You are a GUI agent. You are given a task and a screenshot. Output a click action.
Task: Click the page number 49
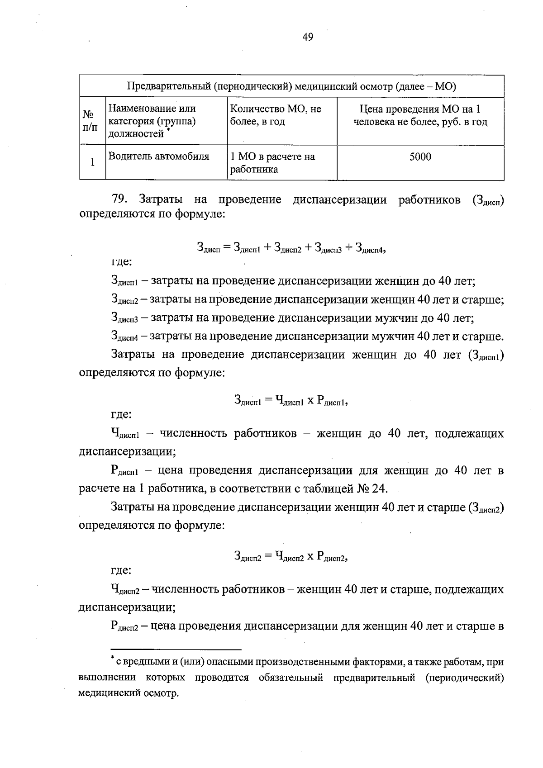(307, 37)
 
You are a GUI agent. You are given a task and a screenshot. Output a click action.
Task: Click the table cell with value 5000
(420, 157)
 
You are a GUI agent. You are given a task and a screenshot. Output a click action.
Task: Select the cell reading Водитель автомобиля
(159, 157)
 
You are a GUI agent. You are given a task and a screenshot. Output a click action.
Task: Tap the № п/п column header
(92, 121)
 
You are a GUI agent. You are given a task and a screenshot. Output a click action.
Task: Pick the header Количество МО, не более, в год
(276, 115)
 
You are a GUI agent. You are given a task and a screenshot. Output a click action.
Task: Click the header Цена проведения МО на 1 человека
(420, 115)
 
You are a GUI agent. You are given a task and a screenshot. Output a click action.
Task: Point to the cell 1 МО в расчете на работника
(272, 163)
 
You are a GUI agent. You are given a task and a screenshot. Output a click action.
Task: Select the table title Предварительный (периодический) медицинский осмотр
(291, 86)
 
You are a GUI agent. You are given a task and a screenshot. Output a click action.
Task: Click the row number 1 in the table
(92, 162)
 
